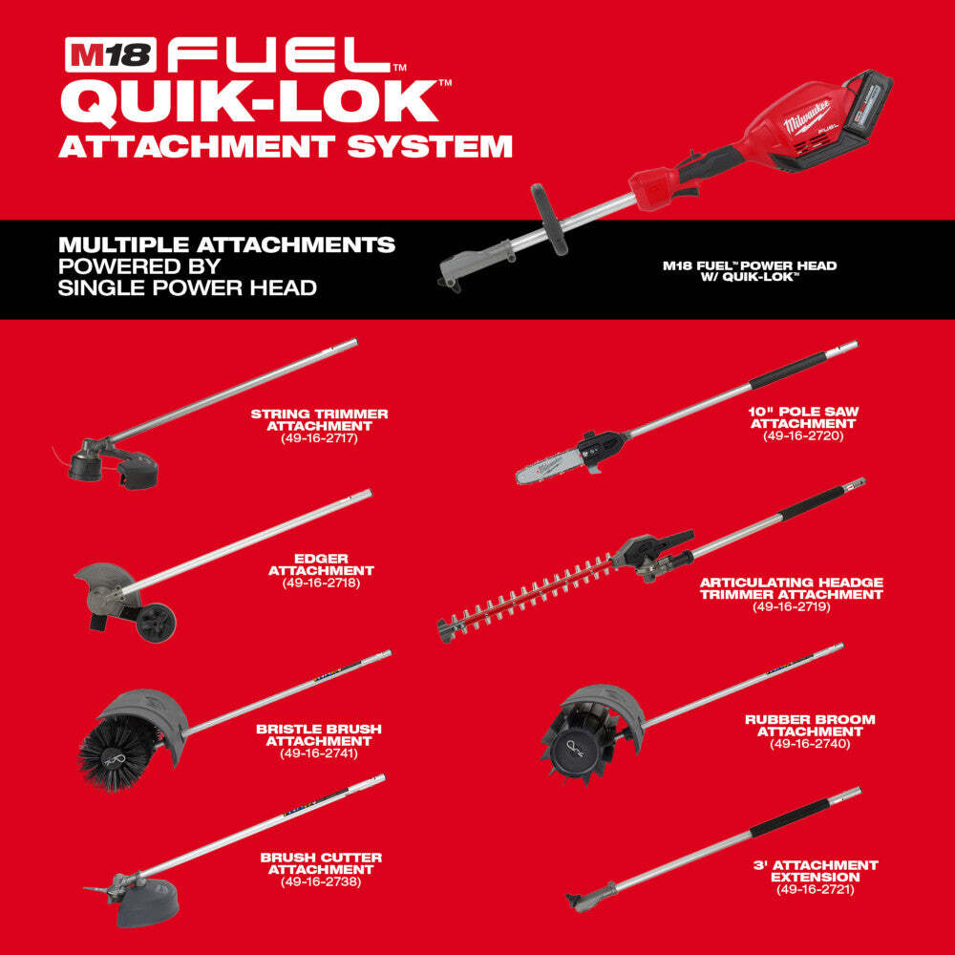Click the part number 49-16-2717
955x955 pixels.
319,438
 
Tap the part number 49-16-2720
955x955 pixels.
803,435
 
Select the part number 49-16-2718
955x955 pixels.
321,582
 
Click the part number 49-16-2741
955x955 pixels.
319,753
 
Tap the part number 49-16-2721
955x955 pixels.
815,889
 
